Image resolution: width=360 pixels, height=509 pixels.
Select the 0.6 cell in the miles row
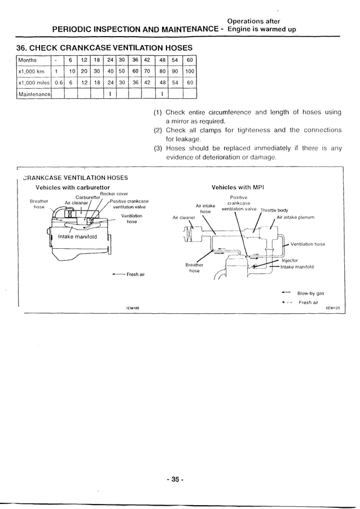[x=58, y=82]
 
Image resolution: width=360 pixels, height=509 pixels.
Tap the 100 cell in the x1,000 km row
[x=190, y=71]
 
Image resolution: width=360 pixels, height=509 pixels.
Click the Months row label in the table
[x=28, y=60]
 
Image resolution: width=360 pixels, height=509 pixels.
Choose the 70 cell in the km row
[x=147, y=71]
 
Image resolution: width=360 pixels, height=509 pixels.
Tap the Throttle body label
[x=274, y=210]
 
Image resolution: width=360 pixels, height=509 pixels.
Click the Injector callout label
[x=290, y=261]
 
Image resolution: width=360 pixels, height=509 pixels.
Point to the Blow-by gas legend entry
[x=310, y=293]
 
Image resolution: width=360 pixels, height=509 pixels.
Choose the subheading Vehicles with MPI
[x=238, y=187]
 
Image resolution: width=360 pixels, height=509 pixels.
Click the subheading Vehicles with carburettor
[x=73, y=187]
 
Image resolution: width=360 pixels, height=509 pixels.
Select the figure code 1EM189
[x=133, y=308]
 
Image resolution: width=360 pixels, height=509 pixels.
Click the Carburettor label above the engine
[x=87, y=198]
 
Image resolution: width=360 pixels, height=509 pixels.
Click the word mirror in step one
[x=183, y=121]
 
